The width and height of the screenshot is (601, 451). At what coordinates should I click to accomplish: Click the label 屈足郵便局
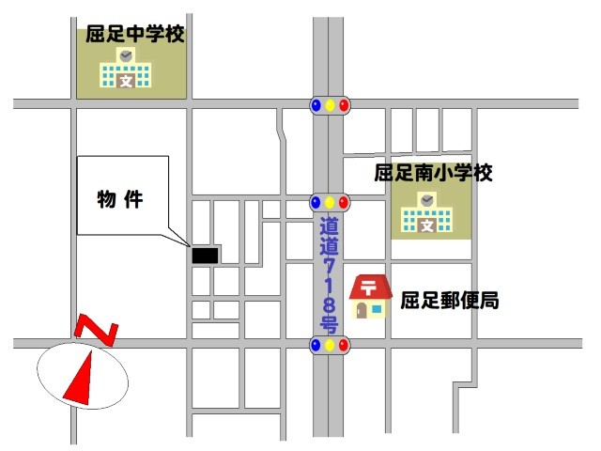[x=449, y=302]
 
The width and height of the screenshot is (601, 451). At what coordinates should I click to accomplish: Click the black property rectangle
[x=205, y=255]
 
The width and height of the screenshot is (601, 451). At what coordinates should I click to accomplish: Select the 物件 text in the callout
[x=120, y=199]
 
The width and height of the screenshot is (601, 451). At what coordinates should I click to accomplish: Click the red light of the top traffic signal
[x=344, y=104]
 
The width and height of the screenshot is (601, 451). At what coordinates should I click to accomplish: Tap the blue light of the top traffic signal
[x=316, y=104]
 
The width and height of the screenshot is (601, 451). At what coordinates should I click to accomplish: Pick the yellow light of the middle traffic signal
[x=330, y=202]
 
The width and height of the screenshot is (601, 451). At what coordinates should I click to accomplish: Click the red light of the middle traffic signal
[x=344, y=202]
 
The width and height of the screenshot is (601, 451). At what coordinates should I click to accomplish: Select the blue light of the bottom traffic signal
[x=316, y=346]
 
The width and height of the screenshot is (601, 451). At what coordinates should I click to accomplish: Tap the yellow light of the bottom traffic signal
[x=330, y=346]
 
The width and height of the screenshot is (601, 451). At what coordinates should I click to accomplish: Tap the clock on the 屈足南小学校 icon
[x=427, y=200]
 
